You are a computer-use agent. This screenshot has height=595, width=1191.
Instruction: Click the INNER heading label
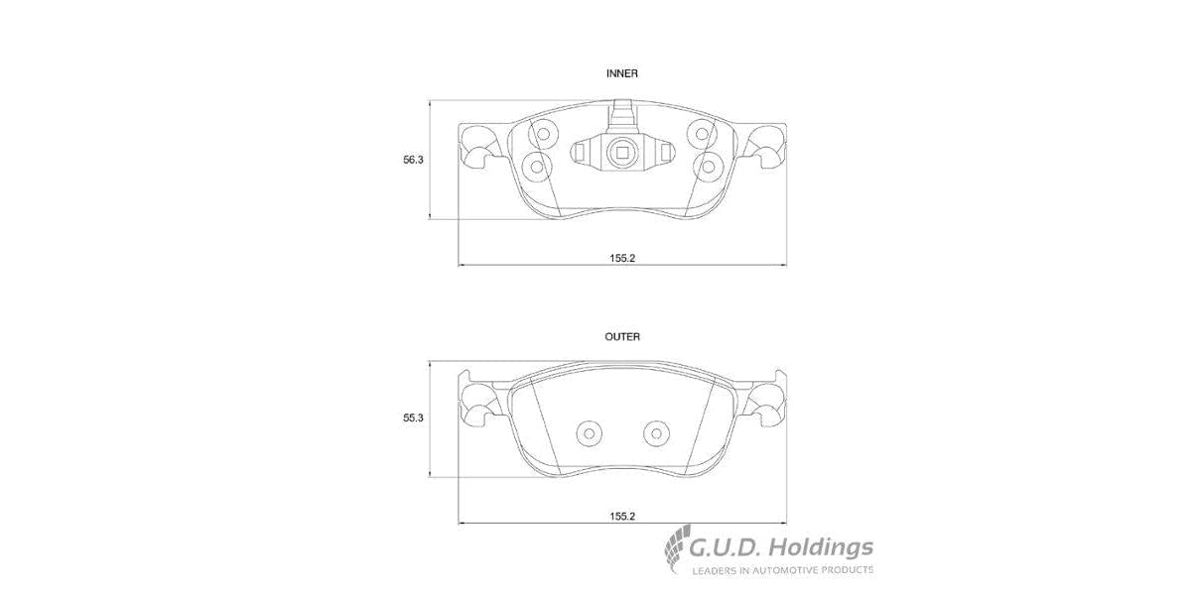pyautogui.click(x=622, y=73)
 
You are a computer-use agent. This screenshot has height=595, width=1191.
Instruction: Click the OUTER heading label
pyautogui.click(x=622, y=337)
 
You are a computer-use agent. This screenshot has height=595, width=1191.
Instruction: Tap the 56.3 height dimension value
pyautogui.click(x=413, y=161)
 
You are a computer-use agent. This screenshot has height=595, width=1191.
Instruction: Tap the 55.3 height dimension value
pyautogui.click(x=413, y=419)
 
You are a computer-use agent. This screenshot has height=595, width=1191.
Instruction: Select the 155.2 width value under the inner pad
pyautogui.click(x=622, y=258)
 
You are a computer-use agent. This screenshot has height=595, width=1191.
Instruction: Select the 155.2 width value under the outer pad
pyautogui.click(x=622, y=516)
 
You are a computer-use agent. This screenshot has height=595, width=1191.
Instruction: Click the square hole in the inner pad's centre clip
pyautogui.click(x=622, y=152)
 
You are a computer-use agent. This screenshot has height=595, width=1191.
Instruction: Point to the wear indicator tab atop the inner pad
pyautogui.click(x=622, y=114)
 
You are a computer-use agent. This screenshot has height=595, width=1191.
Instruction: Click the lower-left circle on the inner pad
pyautogui.click(x=537, y=166)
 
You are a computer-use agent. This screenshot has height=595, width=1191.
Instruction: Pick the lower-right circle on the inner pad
pyautogui.click(x=709, y=166)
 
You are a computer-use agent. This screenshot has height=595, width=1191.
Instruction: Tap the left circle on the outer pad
pyautogui.click(x=590, y=432)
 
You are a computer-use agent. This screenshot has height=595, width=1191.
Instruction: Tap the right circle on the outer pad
pyautogui.click(x=655, y=432)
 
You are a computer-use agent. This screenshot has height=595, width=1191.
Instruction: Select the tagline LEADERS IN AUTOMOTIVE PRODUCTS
pyautogui.click(x=782, y=570)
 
